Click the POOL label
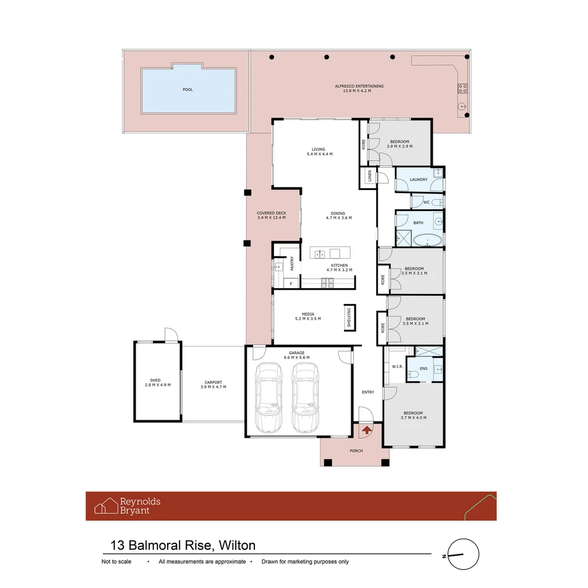pyautogui.click(x=188, y=90)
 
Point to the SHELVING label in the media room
pyautogui.click(x=349, y=317)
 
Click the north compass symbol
pyautogui.click(x=462, y=555)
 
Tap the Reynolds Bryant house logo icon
pyautogui.click(x=106, y=506)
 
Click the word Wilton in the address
pyautogui.click(x=237, y=545)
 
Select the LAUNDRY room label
pyautogui.click(x=419, y=180)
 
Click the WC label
pyautogui.click(x=427, y=203)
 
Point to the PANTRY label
pyautogui.click(x=292, y=264)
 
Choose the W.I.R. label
pyautogui.click(x=397, y=367)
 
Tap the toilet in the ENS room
pyautogui.click(x=413, y=373)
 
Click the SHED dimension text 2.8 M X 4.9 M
pyautogui.click(x=158, y=385)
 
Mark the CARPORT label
pyautogui.click(x=213, y=382)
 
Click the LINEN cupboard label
pyautogui.click(x=370, y=176)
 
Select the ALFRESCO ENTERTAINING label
pyautogui.click(x=359, y=86)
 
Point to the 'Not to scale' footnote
pyautogui.click(x=117, y=562)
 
